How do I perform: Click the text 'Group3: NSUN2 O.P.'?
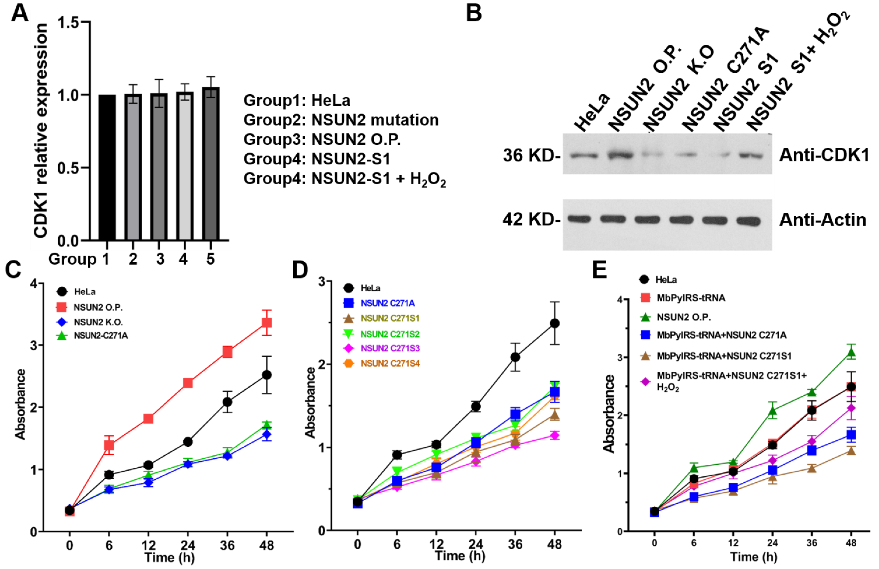point(322,140)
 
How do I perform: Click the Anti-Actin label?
point(823,220)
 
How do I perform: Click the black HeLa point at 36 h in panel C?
point(227,402)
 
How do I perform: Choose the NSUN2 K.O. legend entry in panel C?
point(98,322)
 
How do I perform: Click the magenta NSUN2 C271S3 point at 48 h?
point(554,436)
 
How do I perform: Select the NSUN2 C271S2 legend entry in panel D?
point(389,334)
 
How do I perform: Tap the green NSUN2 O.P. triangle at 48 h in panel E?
point(851,353)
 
